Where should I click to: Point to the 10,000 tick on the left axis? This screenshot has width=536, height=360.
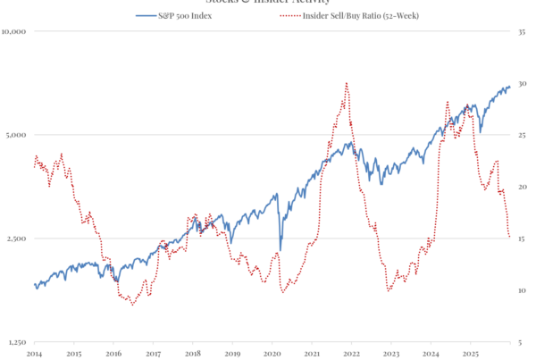[x=17, y=31]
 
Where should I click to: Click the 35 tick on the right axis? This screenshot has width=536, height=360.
[x=522, y=31]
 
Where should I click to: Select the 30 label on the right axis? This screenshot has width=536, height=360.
[x=522, y=83]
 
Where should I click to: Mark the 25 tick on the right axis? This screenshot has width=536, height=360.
[x=522, y=135]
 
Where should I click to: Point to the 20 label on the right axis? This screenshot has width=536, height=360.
[x=522, y=187]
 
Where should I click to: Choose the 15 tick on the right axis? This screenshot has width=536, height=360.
[x=522, y=239]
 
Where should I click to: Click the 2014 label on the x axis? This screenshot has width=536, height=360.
[x=34, y=353]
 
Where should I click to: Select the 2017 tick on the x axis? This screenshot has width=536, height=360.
[x=153, y=353]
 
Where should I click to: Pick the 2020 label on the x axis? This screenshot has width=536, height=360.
[x=272, y=353]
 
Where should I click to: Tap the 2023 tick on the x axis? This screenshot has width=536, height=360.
[x=390, y=353]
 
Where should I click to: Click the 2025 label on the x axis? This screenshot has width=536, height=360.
[x=470, y=353]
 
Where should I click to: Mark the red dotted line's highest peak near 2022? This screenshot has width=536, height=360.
[x=346, y=83]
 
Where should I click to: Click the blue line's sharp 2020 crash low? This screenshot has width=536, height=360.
[x=281, y=251]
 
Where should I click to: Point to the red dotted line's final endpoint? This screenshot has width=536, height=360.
[x=510, y=238]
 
